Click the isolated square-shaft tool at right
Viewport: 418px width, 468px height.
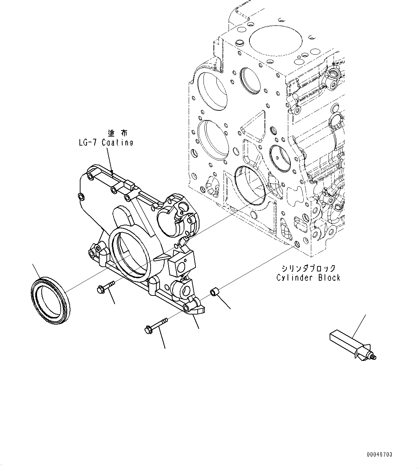pyautogui.click(x=350, y=345)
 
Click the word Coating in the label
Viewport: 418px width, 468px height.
pyautogui.click(x=118, y=142)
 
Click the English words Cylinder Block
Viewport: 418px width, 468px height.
pyautogui.click(x=308, y=277)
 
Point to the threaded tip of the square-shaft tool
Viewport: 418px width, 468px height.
pyautogui.click(x=374, y=357)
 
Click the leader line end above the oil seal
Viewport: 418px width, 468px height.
pyautogui.click(x=33, y=264)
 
